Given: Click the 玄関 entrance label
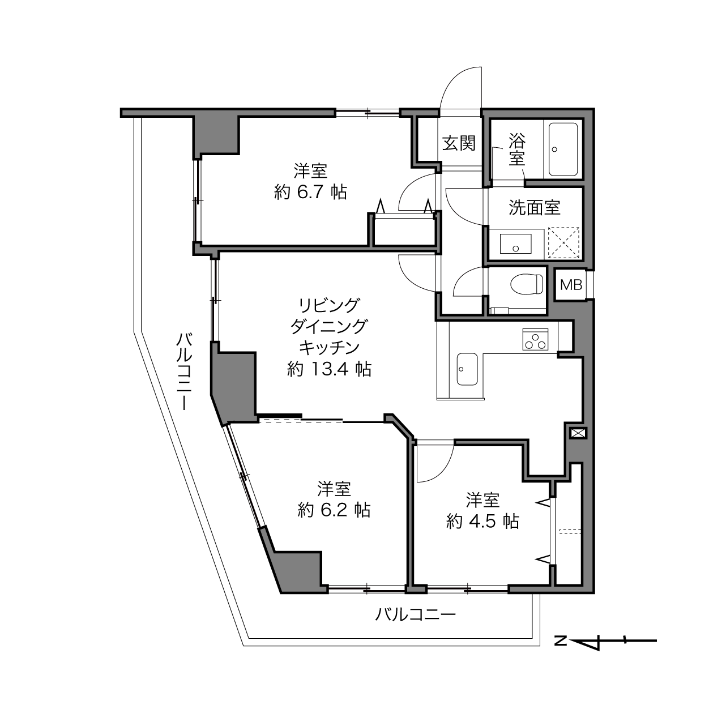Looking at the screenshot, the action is pos(459,143).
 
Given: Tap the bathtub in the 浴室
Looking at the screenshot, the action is pos(563,150).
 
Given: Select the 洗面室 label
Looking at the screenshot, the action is pos(535,207).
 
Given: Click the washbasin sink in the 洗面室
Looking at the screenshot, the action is pos(515,244).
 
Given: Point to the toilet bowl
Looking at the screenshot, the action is pos(527,284).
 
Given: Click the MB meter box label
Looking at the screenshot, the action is pos(571,285).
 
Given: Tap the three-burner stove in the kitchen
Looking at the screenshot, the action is pos(535,339).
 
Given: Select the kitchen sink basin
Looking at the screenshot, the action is pos(467,369).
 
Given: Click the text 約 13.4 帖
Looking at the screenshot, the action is pos(329,369).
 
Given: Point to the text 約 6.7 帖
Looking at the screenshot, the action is pos(310,192).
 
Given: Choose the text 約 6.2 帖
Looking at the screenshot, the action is pos(334,510).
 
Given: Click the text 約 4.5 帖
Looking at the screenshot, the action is pos(482,522).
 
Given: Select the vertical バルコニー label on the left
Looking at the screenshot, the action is pos(184,371).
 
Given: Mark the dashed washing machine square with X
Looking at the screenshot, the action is pos(563,243).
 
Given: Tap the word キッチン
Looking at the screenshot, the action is pos(329,348).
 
